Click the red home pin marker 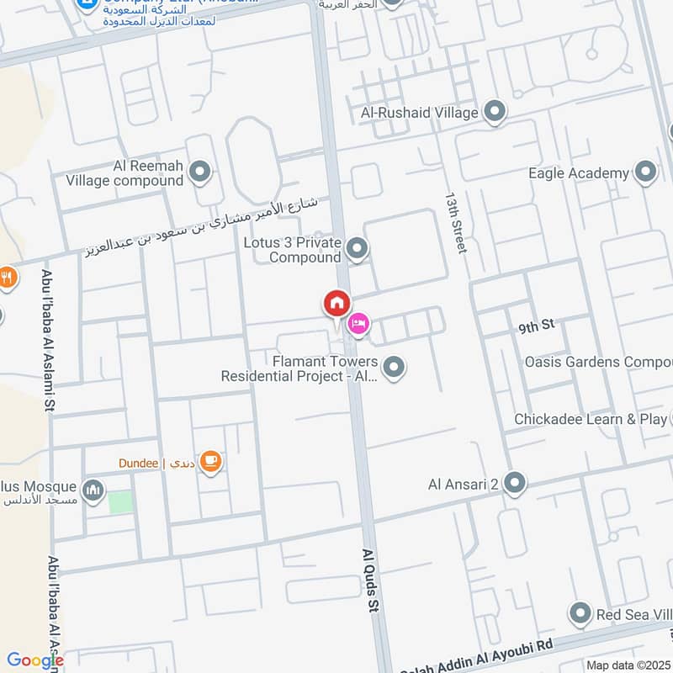tap(336, 303)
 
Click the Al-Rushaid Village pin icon tap(495, 111)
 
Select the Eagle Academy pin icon tap(645, 172)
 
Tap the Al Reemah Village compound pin tap(199, 172)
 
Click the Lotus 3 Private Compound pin tap(358, 248)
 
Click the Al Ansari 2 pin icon tap(516, 483)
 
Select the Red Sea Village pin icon tap(580, 613)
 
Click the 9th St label tap(537, 324)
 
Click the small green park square tap(120, 501)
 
